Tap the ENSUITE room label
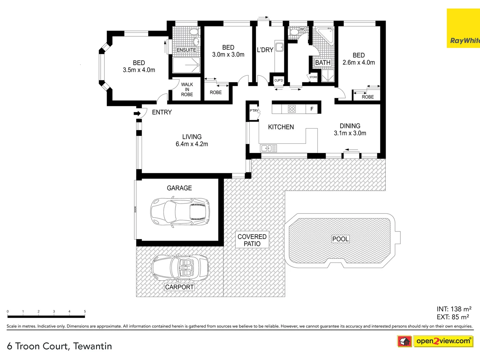(186, 50)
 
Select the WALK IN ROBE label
(187, 89)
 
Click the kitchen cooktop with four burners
(292, 109)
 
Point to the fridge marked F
(312, 109)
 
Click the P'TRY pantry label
(254, 111)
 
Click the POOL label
(340, 239)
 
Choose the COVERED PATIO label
(252, 240)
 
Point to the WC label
(303, 29)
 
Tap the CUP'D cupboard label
(278, 80)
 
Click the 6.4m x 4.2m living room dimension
(192, 144)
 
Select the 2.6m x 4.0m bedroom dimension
(359, 62)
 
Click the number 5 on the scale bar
(85, 311)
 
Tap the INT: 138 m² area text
(454, 309)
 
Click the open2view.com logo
(443, 341)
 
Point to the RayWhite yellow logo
(463, 28)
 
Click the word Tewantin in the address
(93, 346)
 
